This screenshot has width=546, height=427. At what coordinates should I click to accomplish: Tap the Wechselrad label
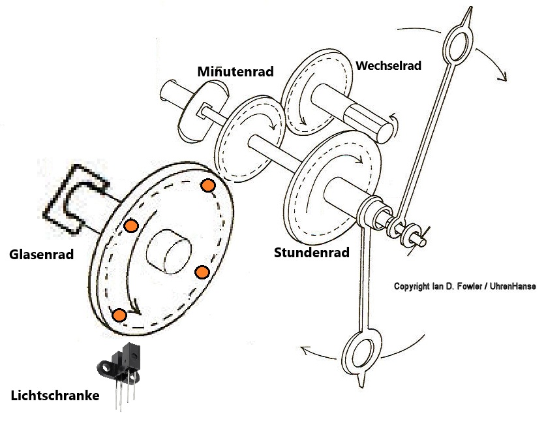(389, 65)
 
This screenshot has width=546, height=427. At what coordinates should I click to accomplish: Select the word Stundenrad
(312, 252)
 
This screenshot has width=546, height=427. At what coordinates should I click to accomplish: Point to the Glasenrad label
(40, 255)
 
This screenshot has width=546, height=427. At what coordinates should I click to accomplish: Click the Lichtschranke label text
(55, 396)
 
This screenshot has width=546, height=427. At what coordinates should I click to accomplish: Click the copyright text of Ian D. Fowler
(464, 286)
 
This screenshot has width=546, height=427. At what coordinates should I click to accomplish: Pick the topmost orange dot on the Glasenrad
(207, 185)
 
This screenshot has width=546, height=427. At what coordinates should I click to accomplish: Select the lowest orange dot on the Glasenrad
(119, 315)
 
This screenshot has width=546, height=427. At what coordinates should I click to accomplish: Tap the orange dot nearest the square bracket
(130, 226)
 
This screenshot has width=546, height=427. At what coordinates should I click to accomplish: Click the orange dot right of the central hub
(202, 272)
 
